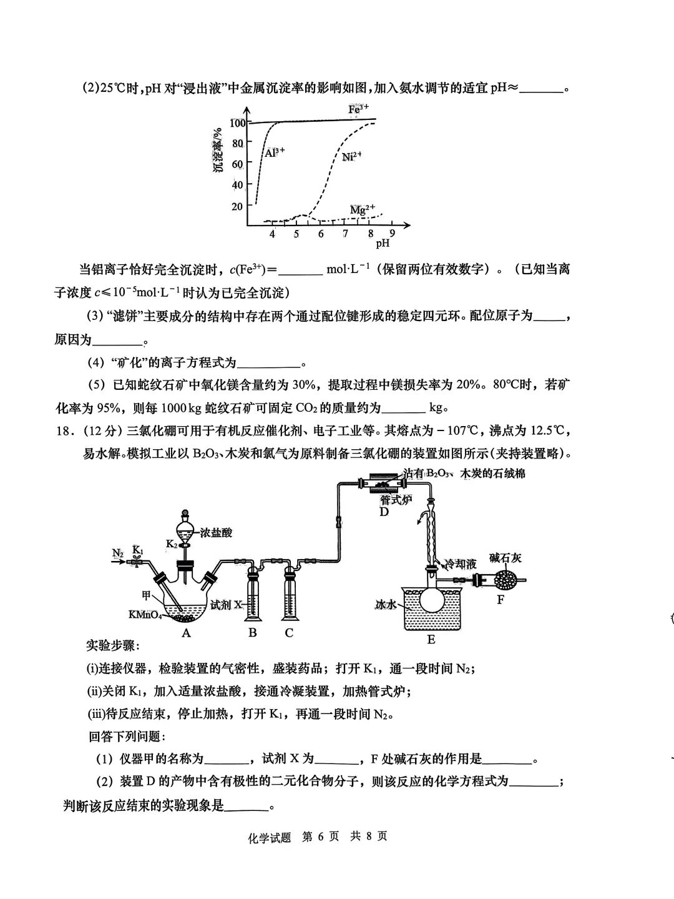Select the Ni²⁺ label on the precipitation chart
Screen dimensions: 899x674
(x=352, y=156)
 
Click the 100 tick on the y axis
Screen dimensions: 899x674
(x=237, y=123)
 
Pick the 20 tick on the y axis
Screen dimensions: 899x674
(x=237, y=206)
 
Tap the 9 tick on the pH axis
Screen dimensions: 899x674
(x=392, y=233)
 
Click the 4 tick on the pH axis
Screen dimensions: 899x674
(x=272, y=234)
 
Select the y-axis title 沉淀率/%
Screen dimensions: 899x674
(x=218, y=151)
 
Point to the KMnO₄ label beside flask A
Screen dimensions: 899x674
(x=145, y=615)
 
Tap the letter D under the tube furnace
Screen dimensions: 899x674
(x=384, y=512)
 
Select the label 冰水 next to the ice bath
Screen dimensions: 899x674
(x=386, y=604)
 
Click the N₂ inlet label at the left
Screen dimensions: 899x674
(x=118, y=552)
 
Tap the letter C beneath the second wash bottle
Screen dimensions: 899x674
(x=289, y=632)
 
